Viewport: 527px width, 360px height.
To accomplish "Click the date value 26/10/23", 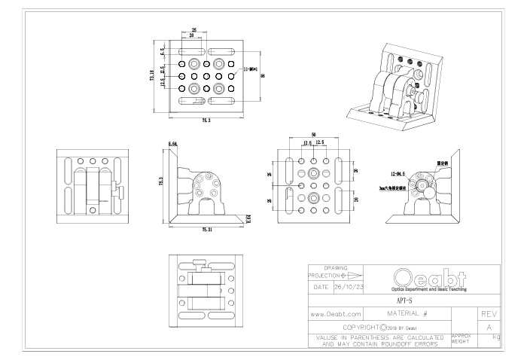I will pos(348,287).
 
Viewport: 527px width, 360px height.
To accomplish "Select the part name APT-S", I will pos(404,300).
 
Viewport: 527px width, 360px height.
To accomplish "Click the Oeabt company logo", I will pos(428,277).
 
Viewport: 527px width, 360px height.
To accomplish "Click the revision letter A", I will pos(489,328).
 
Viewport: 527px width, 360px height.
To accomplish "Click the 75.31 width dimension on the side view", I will pos(207,229).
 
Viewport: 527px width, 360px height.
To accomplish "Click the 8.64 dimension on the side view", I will pos(173,143).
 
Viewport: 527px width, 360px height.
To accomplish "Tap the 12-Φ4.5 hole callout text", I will pos(397,172).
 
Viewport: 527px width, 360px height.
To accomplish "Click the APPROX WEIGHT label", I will pos(461,339).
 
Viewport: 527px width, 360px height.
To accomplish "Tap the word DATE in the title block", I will pos(319,287).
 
